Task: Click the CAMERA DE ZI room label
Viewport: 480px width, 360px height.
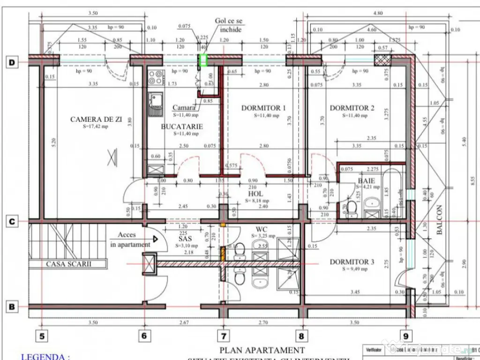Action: [96, 120]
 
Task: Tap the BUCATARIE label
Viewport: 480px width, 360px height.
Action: [182, 126]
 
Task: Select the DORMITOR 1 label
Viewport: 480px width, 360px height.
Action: [263, 108]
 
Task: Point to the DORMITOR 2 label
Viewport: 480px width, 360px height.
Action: [352, 108]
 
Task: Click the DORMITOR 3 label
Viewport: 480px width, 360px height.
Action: [352, 262]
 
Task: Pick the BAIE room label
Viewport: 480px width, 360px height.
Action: [366, 180]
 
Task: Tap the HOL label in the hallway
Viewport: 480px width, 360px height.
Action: [256, 194]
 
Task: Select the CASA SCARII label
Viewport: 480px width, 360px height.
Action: [69, 264]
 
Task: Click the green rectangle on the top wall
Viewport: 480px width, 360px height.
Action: [203, 60]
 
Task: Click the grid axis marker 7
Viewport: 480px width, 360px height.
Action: [224, 336]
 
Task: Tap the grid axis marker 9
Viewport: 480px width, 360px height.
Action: [406, 336]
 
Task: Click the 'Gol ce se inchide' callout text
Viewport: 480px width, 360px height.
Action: [228, 25]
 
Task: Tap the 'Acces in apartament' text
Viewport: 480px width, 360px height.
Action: [130, 240]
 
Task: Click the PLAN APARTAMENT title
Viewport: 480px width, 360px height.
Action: [262, 350]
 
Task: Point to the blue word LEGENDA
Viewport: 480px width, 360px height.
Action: [45, 357]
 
